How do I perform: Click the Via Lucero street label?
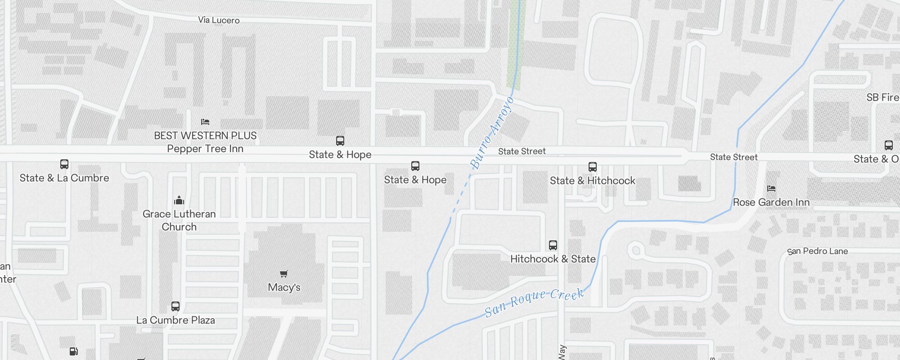[x=219, y=20]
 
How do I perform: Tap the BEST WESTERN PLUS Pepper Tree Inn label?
[x=205, y=142]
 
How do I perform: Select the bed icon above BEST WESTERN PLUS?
[x=205, y=122]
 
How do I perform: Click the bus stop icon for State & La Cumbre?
[x=64, y=164]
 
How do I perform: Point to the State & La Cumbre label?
[x=64, y=178]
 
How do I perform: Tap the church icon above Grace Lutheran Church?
[x=179, y=200]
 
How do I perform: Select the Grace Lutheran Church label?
[x=179, y=220]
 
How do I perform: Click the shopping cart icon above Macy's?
[x=283, y=274]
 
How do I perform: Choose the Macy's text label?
[x=284, y=288]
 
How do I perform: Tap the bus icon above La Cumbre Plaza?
[x=175, y=306]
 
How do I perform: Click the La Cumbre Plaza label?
[x=175, y=320]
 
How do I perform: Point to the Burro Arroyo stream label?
[x=491, y=133]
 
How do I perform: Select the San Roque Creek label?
[x=534, y=302]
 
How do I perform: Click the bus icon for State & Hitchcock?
[x=593, y=167]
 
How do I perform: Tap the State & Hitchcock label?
[x=593, y=181]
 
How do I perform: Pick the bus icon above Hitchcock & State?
[x=553, y=245]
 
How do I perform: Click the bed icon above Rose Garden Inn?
[x=771, y=189]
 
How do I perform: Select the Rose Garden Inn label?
[x=771, y=202]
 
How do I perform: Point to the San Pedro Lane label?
[x=818, y=252]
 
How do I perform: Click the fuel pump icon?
[x=74, y=351]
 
